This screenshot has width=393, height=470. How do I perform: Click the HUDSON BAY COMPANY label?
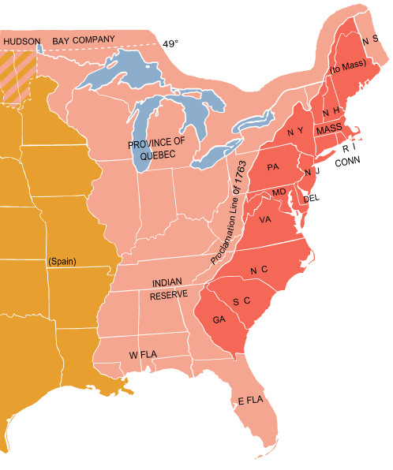coord(59,39)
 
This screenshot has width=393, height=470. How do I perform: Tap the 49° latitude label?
coord(170,44)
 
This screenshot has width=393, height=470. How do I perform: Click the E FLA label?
coord(250,401)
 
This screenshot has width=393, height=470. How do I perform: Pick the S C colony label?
coord(241,301)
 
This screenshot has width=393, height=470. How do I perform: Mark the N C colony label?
coord(259,270)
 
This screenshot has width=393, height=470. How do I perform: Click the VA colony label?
coord(265,220)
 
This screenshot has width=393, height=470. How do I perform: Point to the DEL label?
coord(311,197)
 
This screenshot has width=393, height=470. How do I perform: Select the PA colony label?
coord(273,167)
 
